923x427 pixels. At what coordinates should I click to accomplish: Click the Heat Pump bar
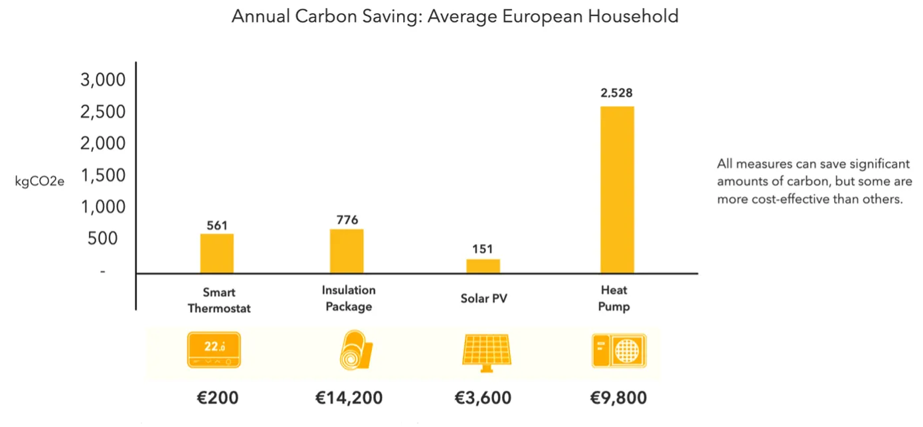[x=617, y=189]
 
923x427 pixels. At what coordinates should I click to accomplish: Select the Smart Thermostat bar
[x=217, y=253]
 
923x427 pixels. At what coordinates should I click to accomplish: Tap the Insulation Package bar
[x=347, y=251]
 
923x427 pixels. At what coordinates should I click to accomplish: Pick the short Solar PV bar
[x=483, y=266]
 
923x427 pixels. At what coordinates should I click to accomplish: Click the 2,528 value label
[x=617, y=93]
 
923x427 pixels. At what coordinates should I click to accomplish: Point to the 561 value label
[x=217, y=225]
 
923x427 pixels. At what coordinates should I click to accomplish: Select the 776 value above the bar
[x=347, y=220]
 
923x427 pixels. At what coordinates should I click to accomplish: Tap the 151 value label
[x=483, y=249]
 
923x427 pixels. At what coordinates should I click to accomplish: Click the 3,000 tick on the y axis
[x=103, y=80]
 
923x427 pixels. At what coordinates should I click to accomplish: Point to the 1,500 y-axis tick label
[x=103, y=176]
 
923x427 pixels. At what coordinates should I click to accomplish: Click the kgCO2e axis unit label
[x=40, y=180]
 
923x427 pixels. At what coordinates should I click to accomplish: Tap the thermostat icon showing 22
[x=214, y=351]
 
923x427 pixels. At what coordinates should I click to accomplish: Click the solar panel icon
[x=487, y=351]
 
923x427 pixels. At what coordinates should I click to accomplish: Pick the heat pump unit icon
[x=619, y=351]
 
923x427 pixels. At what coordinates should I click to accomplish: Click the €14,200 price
[x=349, y=398]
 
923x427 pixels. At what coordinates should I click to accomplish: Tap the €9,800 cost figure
[x=618, y=398]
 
